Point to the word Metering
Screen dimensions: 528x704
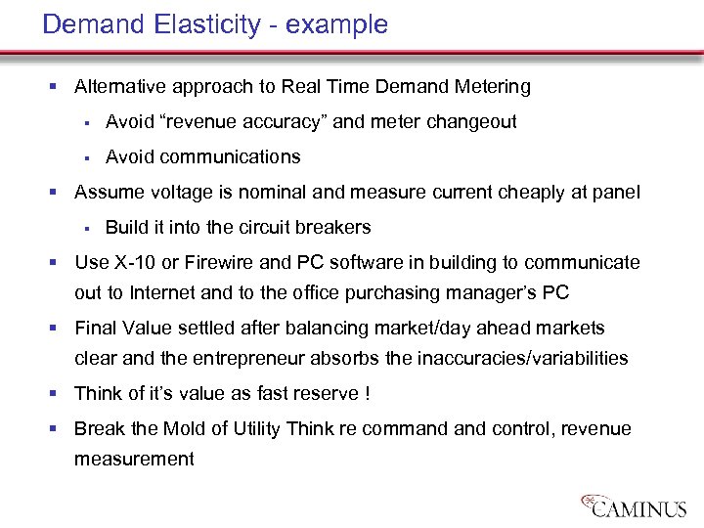click(493, 86)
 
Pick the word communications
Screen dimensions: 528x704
click(231, 156)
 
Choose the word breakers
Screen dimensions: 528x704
click(336, 227)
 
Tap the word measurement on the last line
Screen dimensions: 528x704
click(134, 458)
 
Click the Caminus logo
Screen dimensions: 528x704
click(636, 505)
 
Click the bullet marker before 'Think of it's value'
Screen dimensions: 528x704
click(63, 394)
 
